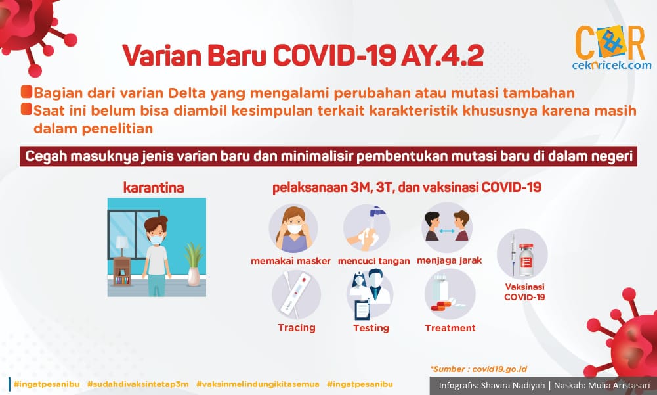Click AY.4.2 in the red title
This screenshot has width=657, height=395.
[x=442, y=55]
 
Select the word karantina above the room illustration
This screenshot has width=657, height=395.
[x=154, y=187]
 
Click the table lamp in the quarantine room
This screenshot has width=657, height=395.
[x=122, y=246]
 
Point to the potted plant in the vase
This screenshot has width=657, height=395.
[x=193, y=264]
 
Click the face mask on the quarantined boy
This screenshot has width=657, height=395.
[x=157, y=240]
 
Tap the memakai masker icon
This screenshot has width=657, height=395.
[x=293, y=229]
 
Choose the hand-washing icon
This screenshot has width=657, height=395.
[x=367, y=229]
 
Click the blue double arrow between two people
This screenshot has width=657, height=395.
[x=447, y=231]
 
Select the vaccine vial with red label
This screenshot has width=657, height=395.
[x=526, y=260]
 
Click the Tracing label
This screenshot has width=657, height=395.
[x=297, y=328]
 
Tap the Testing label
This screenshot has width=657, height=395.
[x=371, y=328]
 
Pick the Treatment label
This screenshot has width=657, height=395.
[x=450, y=328]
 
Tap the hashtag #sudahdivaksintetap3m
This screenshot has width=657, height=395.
[x=138, y=384]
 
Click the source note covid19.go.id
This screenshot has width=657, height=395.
[x=499, y=369]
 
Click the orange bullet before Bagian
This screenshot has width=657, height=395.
[x=26, y=91]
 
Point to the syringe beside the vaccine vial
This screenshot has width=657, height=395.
[x=513, y=253]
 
